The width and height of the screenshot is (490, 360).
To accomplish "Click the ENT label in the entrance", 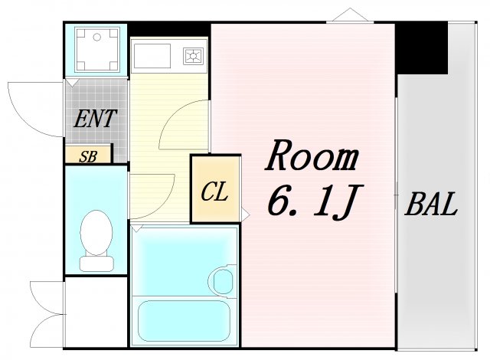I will (x=95, y=119).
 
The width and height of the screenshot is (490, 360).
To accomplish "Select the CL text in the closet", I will (x=214, y=191).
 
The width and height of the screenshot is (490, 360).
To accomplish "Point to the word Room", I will (x=312, y=159).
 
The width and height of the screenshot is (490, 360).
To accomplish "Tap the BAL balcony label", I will (x=431, y=205).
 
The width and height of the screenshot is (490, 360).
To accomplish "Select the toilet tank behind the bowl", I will (x=96, y=262).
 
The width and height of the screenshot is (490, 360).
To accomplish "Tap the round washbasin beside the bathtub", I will (x=223, y=280).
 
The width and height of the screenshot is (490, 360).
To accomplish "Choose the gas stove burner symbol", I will (x=192, y=56).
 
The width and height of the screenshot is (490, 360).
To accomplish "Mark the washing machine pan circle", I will (x=96, y=48).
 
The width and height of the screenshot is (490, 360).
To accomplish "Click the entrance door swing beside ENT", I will (x=34, y=107).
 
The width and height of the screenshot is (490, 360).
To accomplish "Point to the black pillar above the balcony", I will (x=421, y=47).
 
